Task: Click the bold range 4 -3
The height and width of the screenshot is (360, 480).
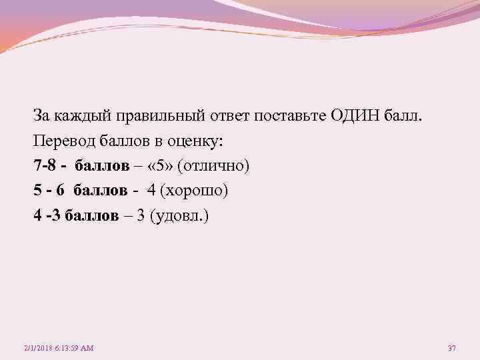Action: (49, 216)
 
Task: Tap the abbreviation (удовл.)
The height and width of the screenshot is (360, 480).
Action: (179, 216)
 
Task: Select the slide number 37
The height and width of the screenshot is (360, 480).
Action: (451, 348)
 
